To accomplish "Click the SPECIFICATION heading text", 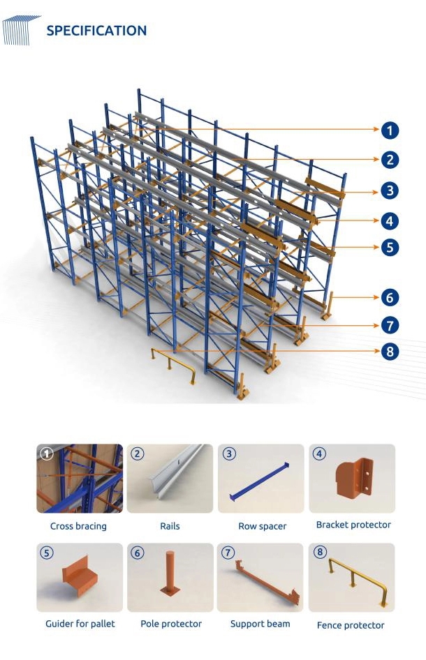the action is [x=96, y=31].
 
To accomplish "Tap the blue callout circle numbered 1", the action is [x=390, y=130].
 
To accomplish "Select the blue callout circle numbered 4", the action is [x=390, y=221].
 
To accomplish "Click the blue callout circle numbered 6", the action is [x=390, y=298].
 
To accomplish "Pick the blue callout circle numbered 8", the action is [x=390, y=352].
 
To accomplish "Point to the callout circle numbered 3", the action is [x=390, y=190].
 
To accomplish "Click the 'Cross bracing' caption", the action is [x=78, y=526].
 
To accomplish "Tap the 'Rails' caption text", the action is [x=170, y=526].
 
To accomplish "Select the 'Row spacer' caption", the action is [x=263, y=526].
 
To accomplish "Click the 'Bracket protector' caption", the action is [x=353, y=525].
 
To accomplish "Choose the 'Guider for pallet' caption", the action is [x=80, y=624].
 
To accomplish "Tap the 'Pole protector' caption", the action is [x=171, y=624].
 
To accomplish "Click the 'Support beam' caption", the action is [x=260, y=624].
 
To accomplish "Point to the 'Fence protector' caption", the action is [x=351, y=626].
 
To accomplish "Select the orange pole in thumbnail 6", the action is [x=170, y=573].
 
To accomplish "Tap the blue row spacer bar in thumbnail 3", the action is [x=259, y=482].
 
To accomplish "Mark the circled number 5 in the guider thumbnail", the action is [x=46, y=553].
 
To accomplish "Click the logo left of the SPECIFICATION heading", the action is [x=21, y=30].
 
